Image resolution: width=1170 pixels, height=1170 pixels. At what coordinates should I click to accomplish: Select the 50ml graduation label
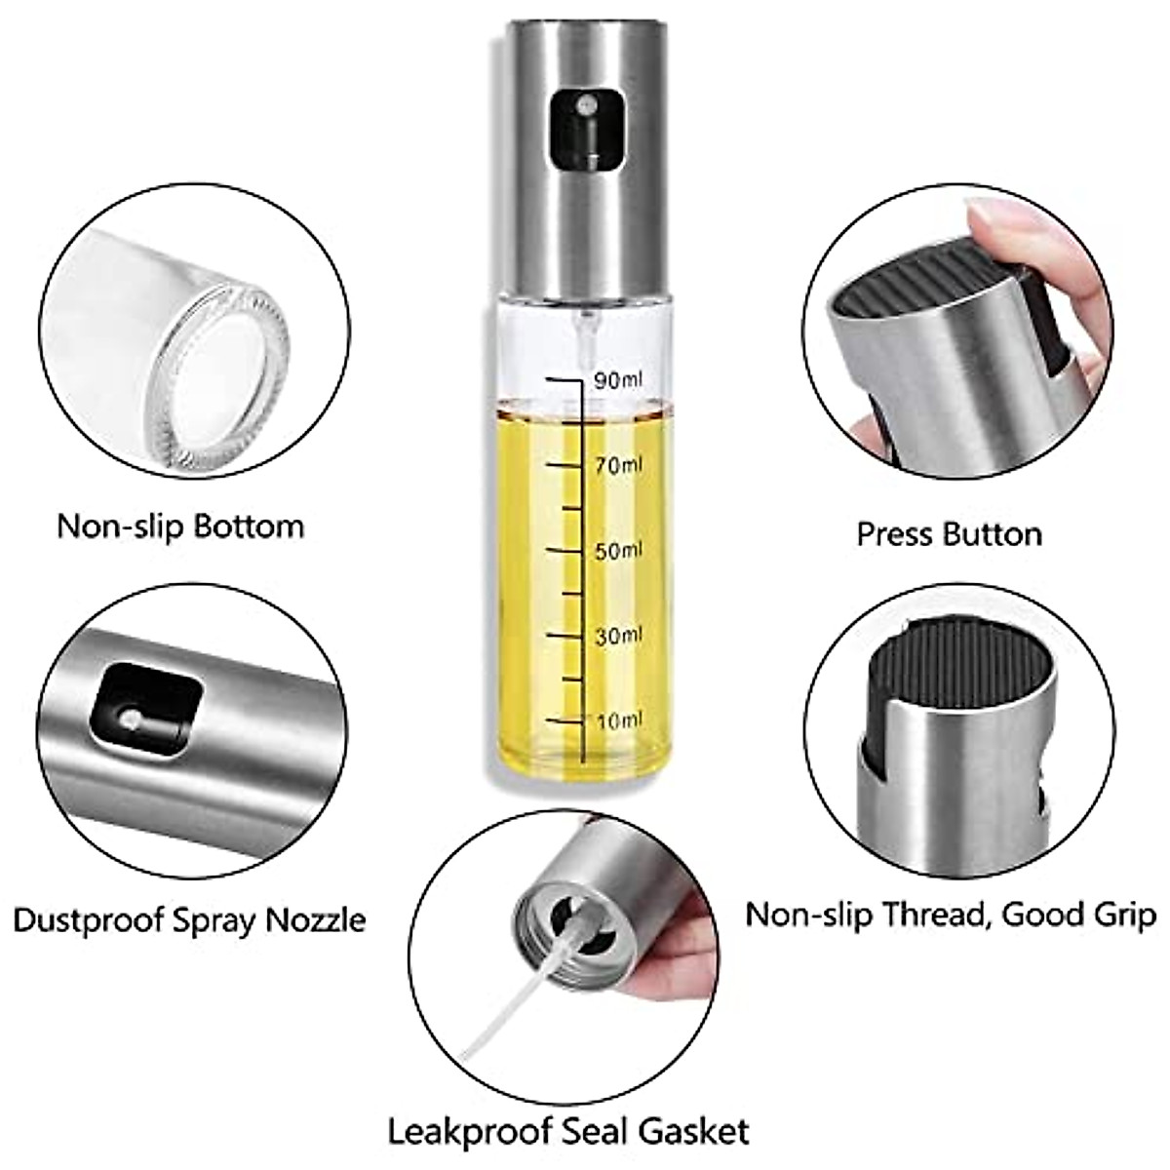point(619,551)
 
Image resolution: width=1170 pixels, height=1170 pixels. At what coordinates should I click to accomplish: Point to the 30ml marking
point(619,636)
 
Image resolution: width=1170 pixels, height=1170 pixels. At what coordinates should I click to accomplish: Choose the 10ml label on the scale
point(619,721)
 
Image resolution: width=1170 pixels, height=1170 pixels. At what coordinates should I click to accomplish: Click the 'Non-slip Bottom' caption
point(180,526)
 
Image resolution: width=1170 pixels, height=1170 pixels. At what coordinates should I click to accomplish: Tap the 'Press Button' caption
point(949,534)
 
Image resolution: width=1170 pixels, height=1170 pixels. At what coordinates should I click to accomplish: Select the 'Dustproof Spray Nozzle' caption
point(189,919)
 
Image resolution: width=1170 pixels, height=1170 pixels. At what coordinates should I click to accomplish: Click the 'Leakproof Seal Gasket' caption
point(569,1132)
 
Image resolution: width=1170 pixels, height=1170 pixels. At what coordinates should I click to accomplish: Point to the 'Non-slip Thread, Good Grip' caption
point(951,915)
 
